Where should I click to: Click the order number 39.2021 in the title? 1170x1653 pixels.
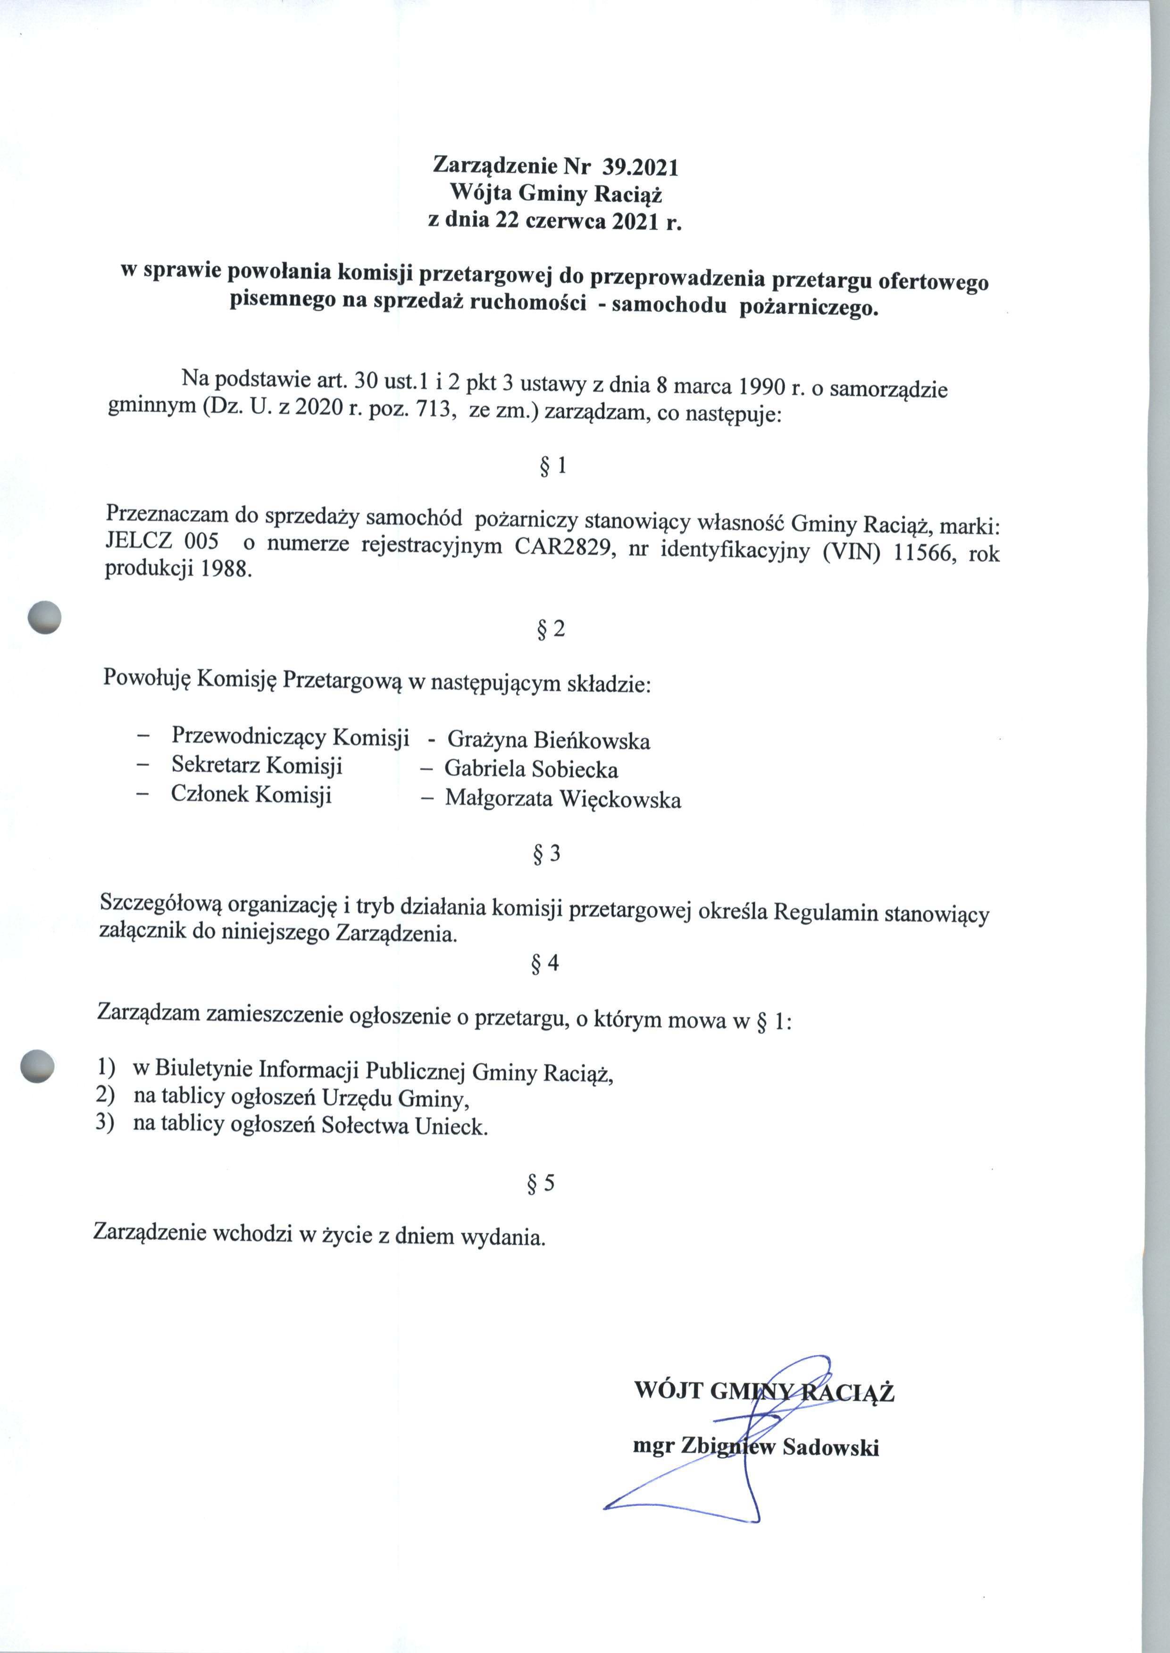(x=641, y=167)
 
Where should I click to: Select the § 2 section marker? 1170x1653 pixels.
(x=551, y=629)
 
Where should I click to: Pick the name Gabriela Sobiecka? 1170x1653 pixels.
(x=531, y=770)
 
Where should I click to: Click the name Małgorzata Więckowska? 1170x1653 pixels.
(x=563, y=800)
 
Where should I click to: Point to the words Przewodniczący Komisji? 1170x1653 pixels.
(x=290, y=737)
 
